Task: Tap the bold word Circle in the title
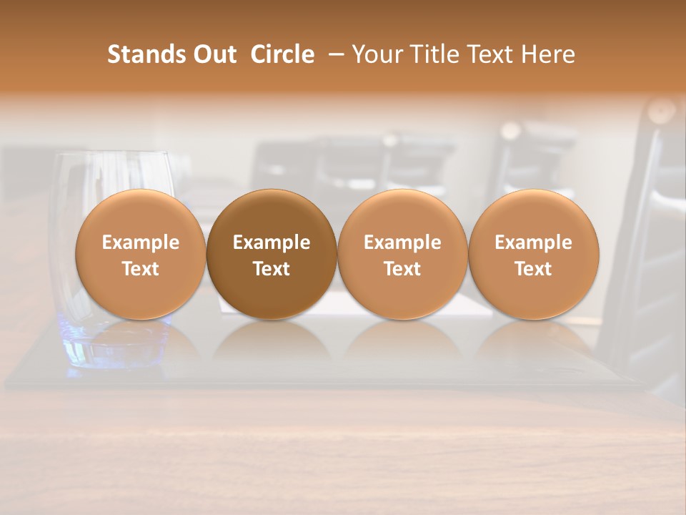(282, 54)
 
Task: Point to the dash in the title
(334, 55)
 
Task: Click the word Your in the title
(376, 54)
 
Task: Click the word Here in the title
(549, 54)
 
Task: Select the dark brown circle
(272, 215)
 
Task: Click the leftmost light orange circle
(140, 215)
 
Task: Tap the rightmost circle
(533, 215)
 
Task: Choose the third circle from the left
(402, 215)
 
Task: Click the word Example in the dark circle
(272, 242)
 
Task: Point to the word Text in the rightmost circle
(533, 269)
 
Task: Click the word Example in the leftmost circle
(140, 242)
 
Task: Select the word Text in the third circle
(402, 269)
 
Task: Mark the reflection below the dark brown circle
(272, 343)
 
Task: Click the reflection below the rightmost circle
(533, 343)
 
